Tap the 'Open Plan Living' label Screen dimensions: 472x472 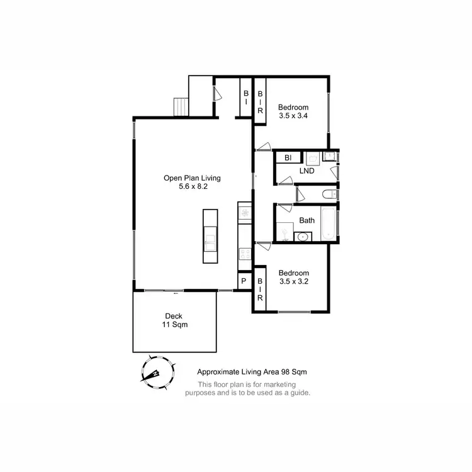pyautogui.click(x=192, y=178)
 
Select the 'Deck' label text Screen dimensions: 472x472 pyautogui.click(x=174, y=316)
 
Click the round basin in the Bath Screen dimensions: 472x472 pyautogui.click(x=303, y=237)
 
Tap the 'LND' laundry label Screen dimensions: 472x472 pyautogui.click(x=307, y=171)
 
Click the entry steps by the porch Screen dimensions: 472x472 pyautogui.click(x=181, y=107)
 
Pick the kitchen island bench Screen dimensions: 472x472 pyautogui.click(x=210, y=236)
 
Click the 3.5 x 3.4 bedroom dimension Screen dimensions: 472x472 pyautogui.click(x=294, y=116)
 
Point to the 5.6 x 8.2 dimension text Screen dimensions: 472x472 pyautogui.click(x=192, y=188)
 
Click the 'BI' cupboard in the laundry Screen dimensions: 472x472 pyautogui.click(x=288, y=157)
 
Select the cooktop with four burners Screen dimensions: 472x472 pyautogui.click(x=244, y=254)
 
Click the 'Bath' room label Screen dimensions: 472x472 pyautogui.click(x=307, y=220)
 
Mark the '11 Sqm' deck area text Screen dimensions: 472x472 pyautogui.click(x=174, y=325)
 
